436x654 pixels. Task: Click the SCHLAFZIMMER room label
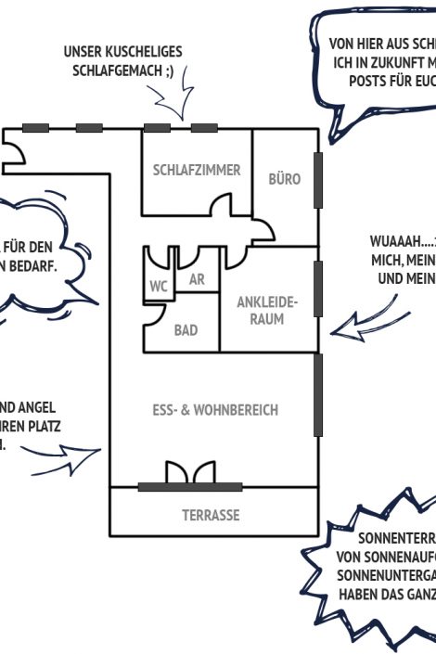point(196,171)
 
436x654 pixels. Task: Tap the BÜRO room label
point(284,179)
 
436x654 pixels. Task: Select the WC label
point(158,287)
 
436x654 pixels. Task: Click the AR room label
point(196,279)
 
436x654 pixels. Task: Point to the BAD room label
point(186,330)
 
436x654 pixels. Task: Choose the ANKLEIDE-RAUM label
point(266,311)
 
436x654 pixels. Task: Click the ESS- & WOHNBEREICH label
point(215,410)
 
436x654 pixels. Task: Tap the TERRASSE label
point(211,516)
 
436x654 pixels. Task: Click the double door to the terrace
point(189,474)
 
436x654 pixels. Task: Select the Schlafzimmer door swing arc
point(223,204)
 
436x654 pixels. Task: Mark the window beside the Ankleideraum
point(318,288)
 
